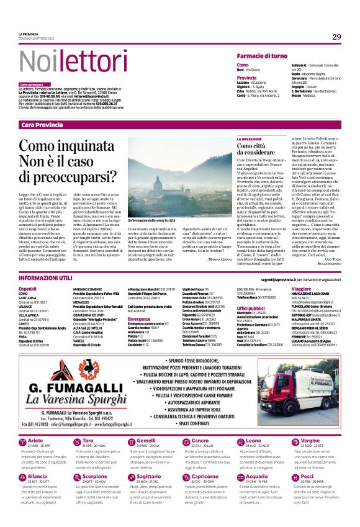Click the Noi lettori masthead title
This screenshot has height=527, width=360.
[65, 62]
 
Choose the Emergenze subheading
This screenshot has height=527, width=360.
[139, 319]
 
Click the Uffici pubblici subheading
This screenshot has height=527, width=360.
[251, 308]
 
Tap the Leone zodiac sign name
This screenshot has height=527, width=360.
[236, 440]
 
